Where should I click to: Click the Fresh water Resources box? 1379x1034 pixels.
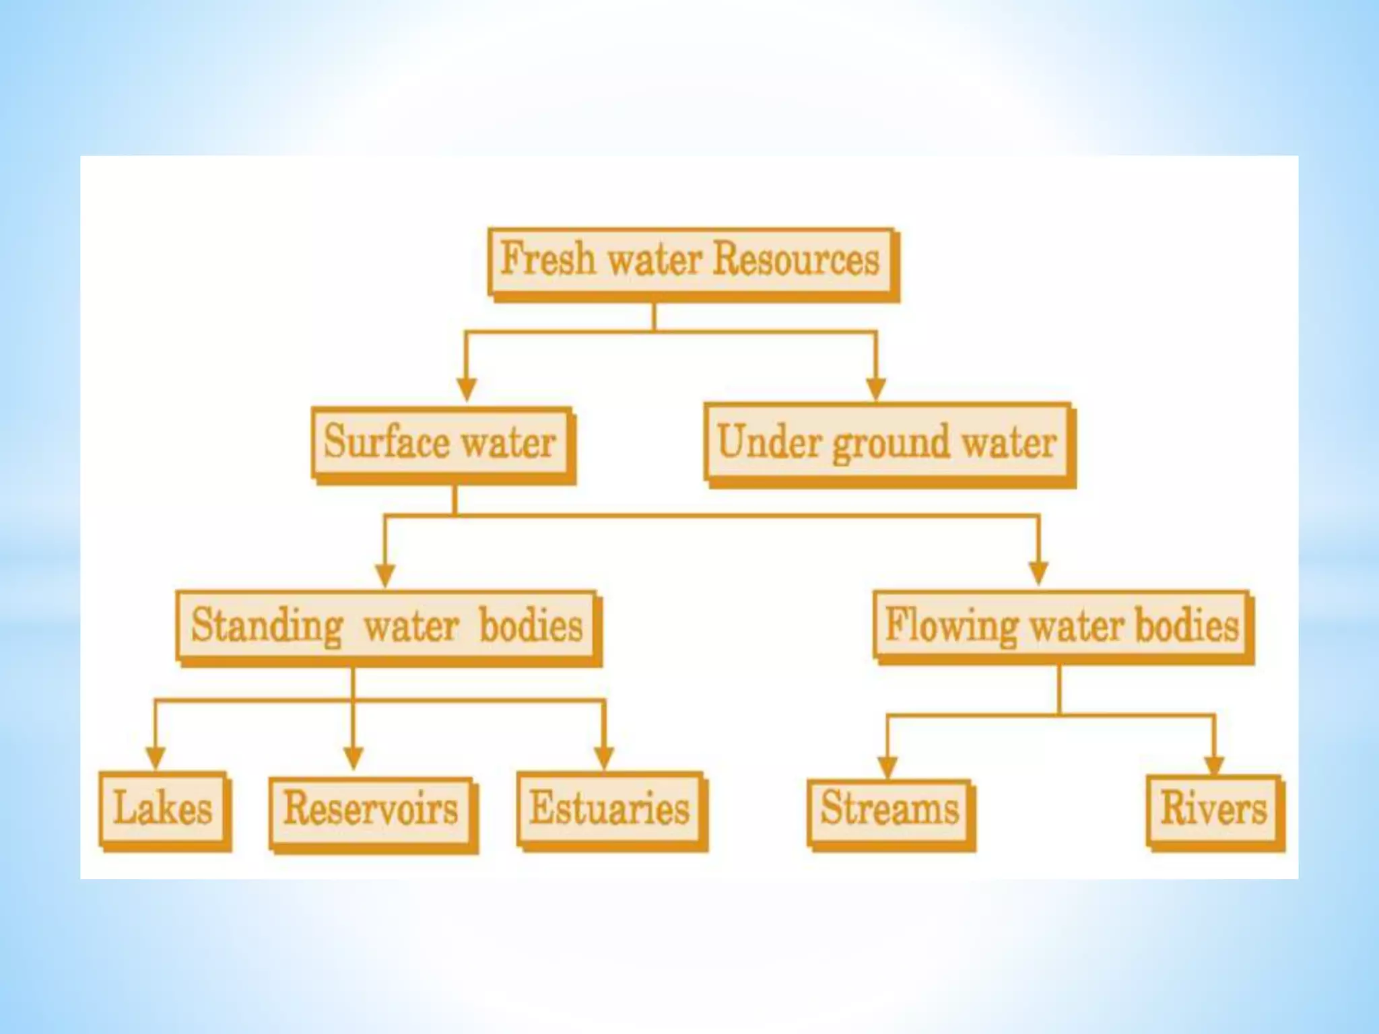click(x=692, y=263)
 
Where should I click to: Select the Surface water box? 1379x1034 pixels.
click(x=442, y=444)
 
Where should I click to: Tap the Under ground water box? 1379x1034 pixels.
click(x=887, y=444)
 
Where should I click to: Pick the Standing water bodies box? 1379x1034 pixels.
click(x=387, y=627)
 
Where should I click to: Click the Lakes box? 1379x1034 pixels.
click(x=164, y=809)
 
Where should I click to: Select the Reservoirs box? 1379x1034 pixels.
click(x=372, y=812)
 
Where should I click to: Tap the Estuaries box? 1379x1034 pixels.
click(x=611, y=809)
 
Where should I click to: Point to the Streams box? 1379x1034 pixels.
click(x=890, y=812)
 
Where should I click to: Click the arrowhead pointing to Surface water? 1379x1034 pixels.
click(x=467, y=388)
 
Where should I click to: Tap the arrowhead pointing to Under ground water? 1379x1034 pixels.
click(x=875, y=388)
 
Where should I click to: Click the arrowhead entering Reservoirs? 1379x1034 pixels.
click(x=354, y=758)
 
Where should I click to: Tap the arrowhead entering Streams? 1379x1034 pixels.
click(x=887, y=765)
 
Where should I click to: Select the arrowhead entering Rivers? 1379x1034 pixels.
click(x=1214, y=765)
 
